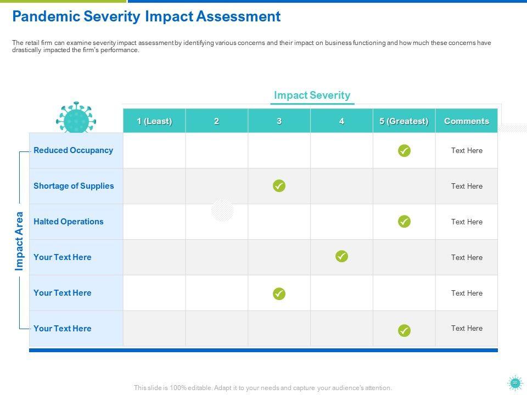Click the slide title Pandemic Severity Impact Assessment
tap(146, 16)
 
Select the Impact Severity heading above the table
tap(312, 95)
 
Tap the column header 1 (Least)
tap(154, 121)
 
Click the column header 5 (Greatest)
tap(404, 121)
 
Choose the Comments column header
tap(467, 121)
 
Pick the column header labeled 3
tap(279, 121)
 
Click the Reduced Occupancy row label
tap(73, 150)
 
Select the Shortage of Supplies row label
tap(74, 186)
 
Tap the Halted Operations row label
tap(69, 222)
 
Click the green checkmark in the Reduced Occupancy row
tap(404, 150)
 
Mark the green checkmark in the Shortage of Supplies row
tap(279, 186)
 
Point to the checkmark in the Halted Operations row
tap(404, 222)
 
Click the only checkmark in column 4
tap(341, 256)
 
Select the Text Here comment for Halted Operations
tap(467, 222)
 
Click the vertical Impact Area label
tap(20, 241)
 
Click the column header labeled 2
tap(217, 121)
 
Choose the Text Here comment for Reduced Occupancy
tap(467, 150)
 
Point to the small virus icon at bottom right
tap(515, 383)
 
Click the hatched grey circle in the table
tap(222, 210)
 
